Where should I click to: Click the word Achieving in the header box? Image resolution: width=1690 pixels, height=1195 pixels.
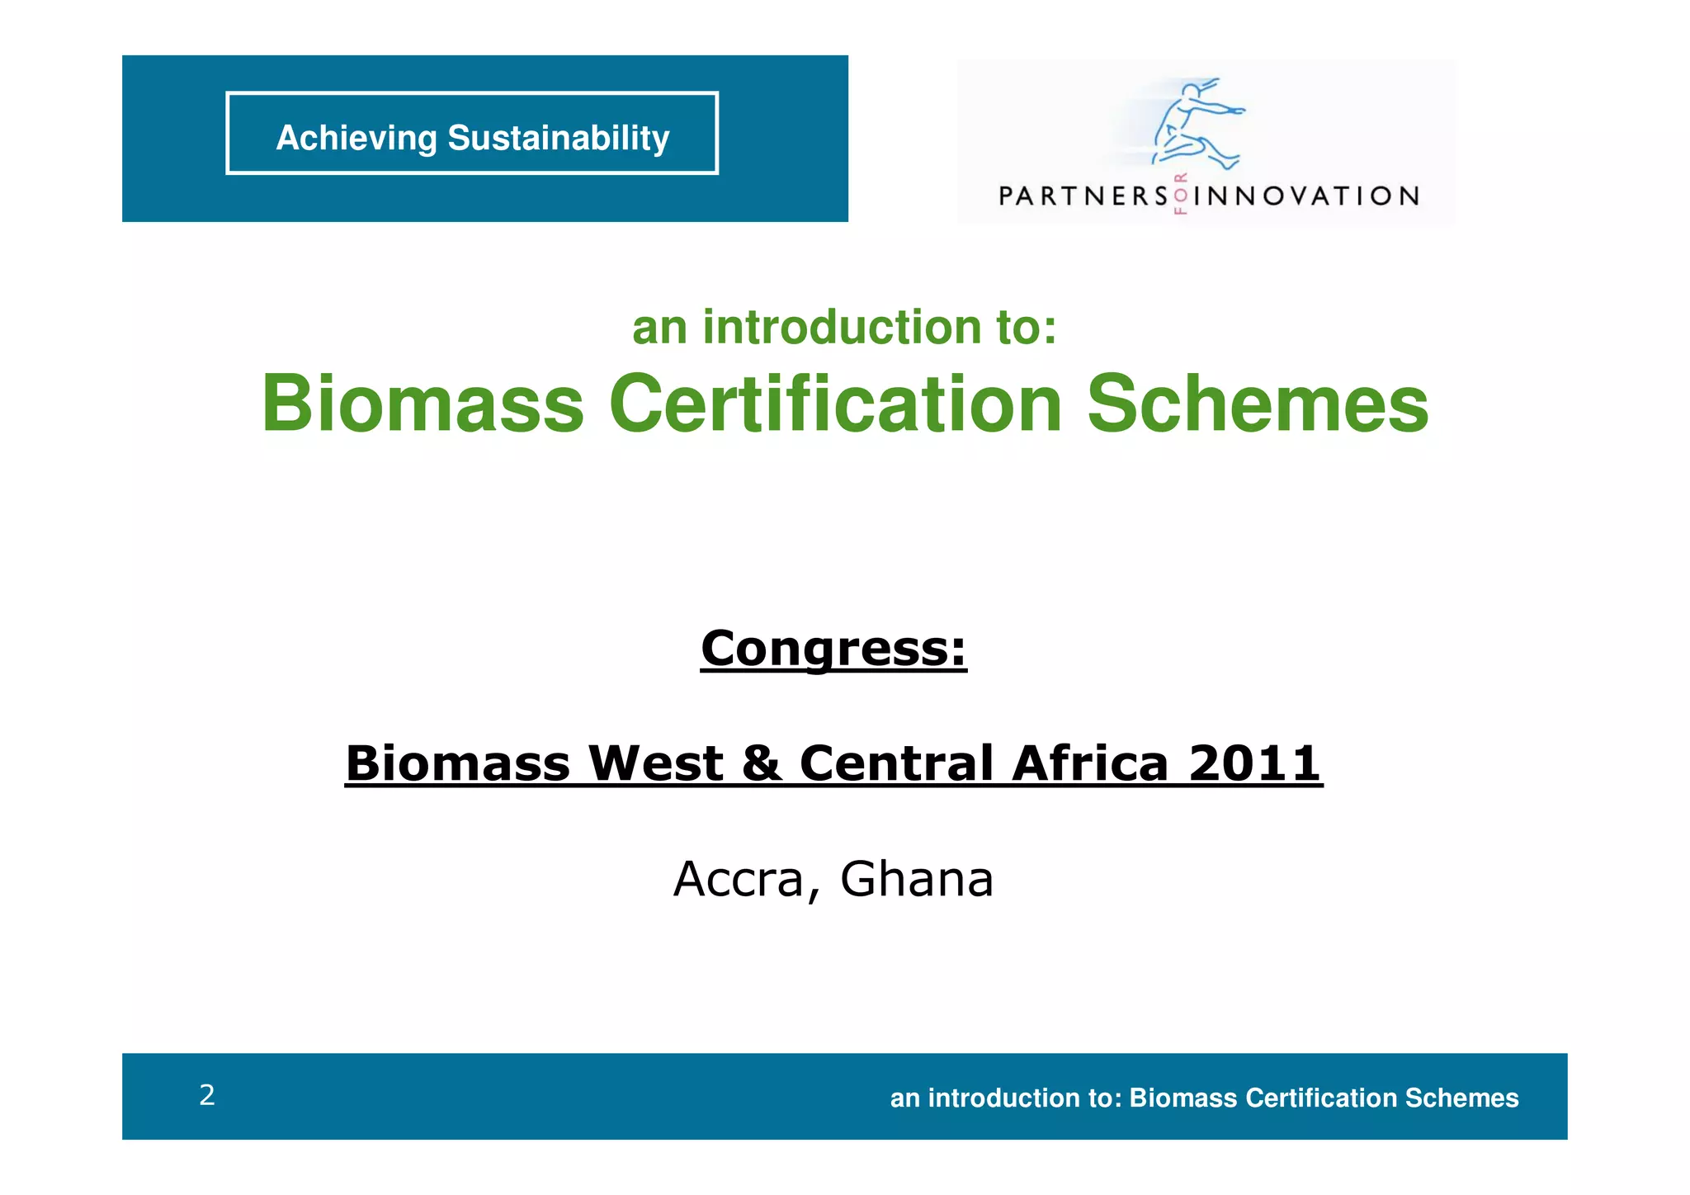[356, 138]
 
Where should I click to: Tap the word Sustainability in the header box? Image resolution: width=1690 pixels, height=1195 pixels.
[558, 138]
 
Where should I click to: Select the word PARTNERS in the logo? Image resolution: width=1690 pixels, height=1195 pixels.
[1083, 196]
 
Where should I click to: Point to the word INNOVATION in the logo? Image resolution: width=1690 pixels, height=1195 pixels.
[1306, 196]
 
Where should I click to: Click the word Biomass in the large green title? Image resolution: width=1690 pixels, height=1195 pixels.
[422, 404]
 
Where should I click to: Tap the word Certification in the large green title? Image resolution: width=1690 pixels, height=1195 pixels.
[835, 404]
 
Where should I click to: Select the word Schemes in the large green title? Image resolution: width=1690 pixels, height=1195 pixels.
[1257, 404]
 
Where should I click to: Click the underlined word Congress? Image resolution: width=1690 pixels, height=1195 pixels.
[833, 649]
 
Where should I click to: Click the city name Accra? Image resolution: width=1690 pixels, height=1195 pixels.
[739, 879]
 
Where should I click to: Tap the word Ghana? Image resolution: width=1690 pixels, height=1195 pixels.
[917, 879]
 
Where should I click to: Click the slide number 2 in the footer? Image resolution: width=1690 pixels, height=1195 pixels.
[207, 1095]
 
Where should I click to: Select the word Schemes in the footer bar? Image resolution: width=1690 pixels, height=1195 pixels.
[1461, 1098]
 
